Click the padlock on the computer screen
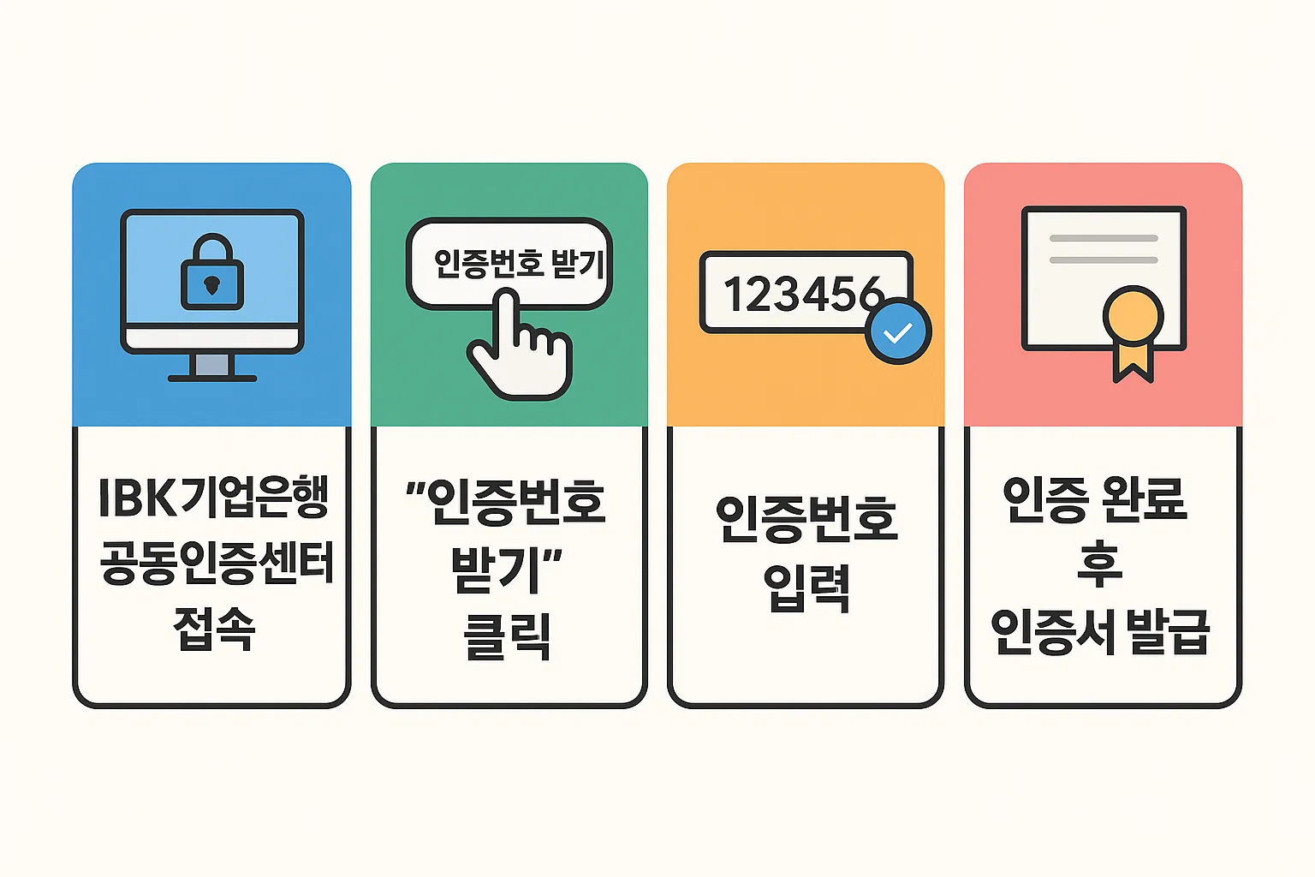click(x=212, y=276)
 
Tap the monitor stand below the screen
click(x=212, y=366)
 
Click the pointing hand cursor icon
click(x=519, y=351)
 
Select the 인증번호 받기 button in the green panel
click(x=510, y=263)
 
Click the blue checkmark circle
click(x=898, y=331)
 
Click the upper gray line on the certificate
click(x=1104, y=238)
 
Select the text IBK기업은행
click(x=213, y=498)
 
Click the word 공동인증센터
click(x=216, y=564)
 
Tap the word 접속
click(x=214, y=629)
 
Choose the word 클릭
click(x=507, y=635)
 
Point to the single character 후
click(x=1100, y=564)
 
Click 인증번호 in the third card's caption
click(x=806, y=519)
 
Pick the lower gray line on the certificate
click(x=1104, y=260)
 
